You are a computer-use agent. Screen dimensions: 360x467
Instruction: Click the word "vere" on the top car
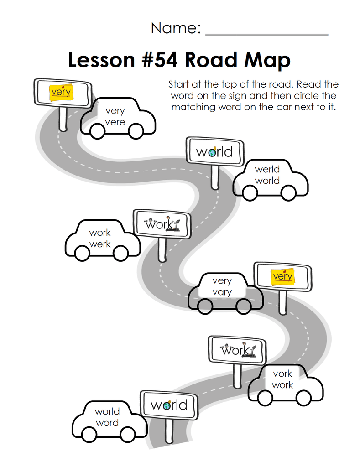(x=115, y=122)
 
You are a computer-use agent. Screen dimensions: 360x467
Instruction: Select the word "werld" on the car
(x=267, y=169)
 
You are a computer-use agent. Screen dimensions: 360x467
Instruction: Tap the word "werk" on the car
(x=100, y=244)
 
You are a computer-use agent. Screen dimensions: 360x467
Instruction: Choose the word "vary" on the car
(x=222, y=292)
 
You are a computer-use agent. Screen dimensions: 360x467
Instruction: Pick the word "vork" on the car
(x=282, y=374)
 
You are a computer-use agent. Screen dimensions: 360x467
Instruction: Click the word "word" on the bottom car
(x=107, y=423)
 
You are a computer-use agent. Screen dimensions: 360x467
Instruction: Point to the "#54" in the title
(x=160, y=60)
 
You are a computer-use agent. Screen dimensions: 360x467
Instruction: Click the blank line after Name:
(x=267, y=35)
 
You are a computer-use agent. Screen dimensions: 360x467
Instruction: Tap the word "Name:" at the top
(x=176, y=28)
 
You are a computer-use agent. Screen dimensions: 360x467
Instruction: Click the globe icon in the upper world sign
(x=212, y=152)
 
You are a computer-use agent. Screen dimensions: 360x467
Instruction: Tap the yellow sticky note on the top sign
(x=61, y=92)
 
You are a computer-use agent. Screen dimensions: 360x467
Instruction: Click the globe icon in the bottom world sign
(x=167, y=405)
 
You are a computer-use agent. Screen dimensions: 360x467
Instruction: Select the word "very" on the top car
(x=115, y=111)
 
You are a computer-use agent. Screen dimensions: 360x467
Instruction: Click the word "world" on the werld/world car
(x=267, y=181)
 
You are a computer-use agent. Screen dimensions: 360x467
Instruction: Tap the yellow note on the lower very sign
(x=283, y=277)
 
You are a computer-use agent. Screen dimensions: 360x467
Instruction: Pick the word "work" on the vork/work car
(x=282, y=385)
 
